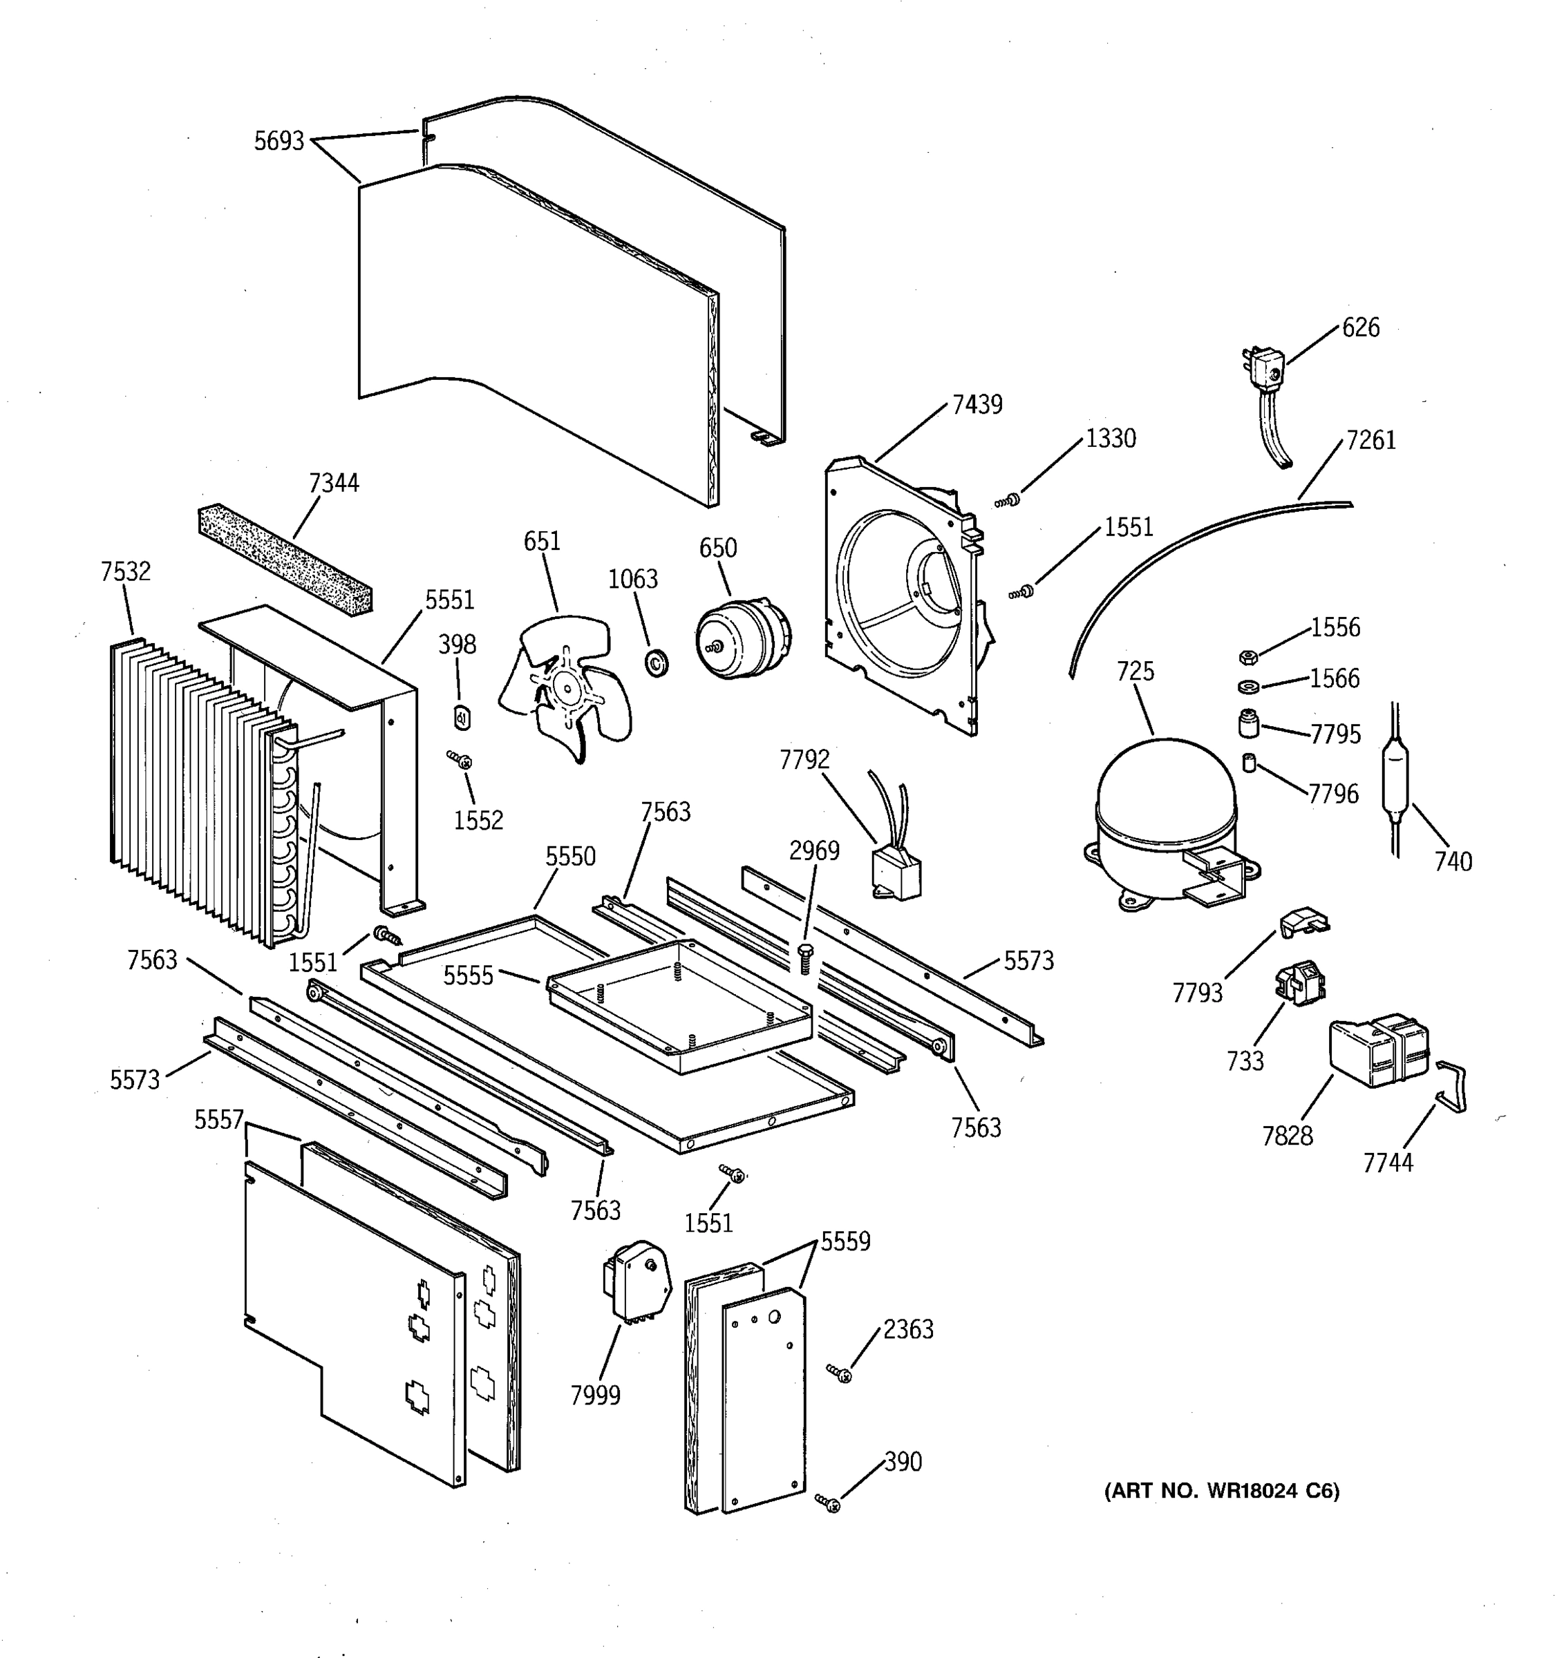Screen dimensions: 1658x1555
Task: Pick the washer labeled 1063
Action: [657, 663]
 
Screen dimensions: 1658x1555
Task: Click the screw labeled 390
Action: [829, 1503]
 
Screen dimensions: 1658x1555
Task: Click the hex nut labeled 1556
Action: [1248, 657]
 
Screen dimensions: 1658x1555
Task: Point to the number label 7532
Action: [125, 571]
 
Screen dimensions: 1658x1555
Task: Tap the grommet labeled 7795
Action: [1248, 724]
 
